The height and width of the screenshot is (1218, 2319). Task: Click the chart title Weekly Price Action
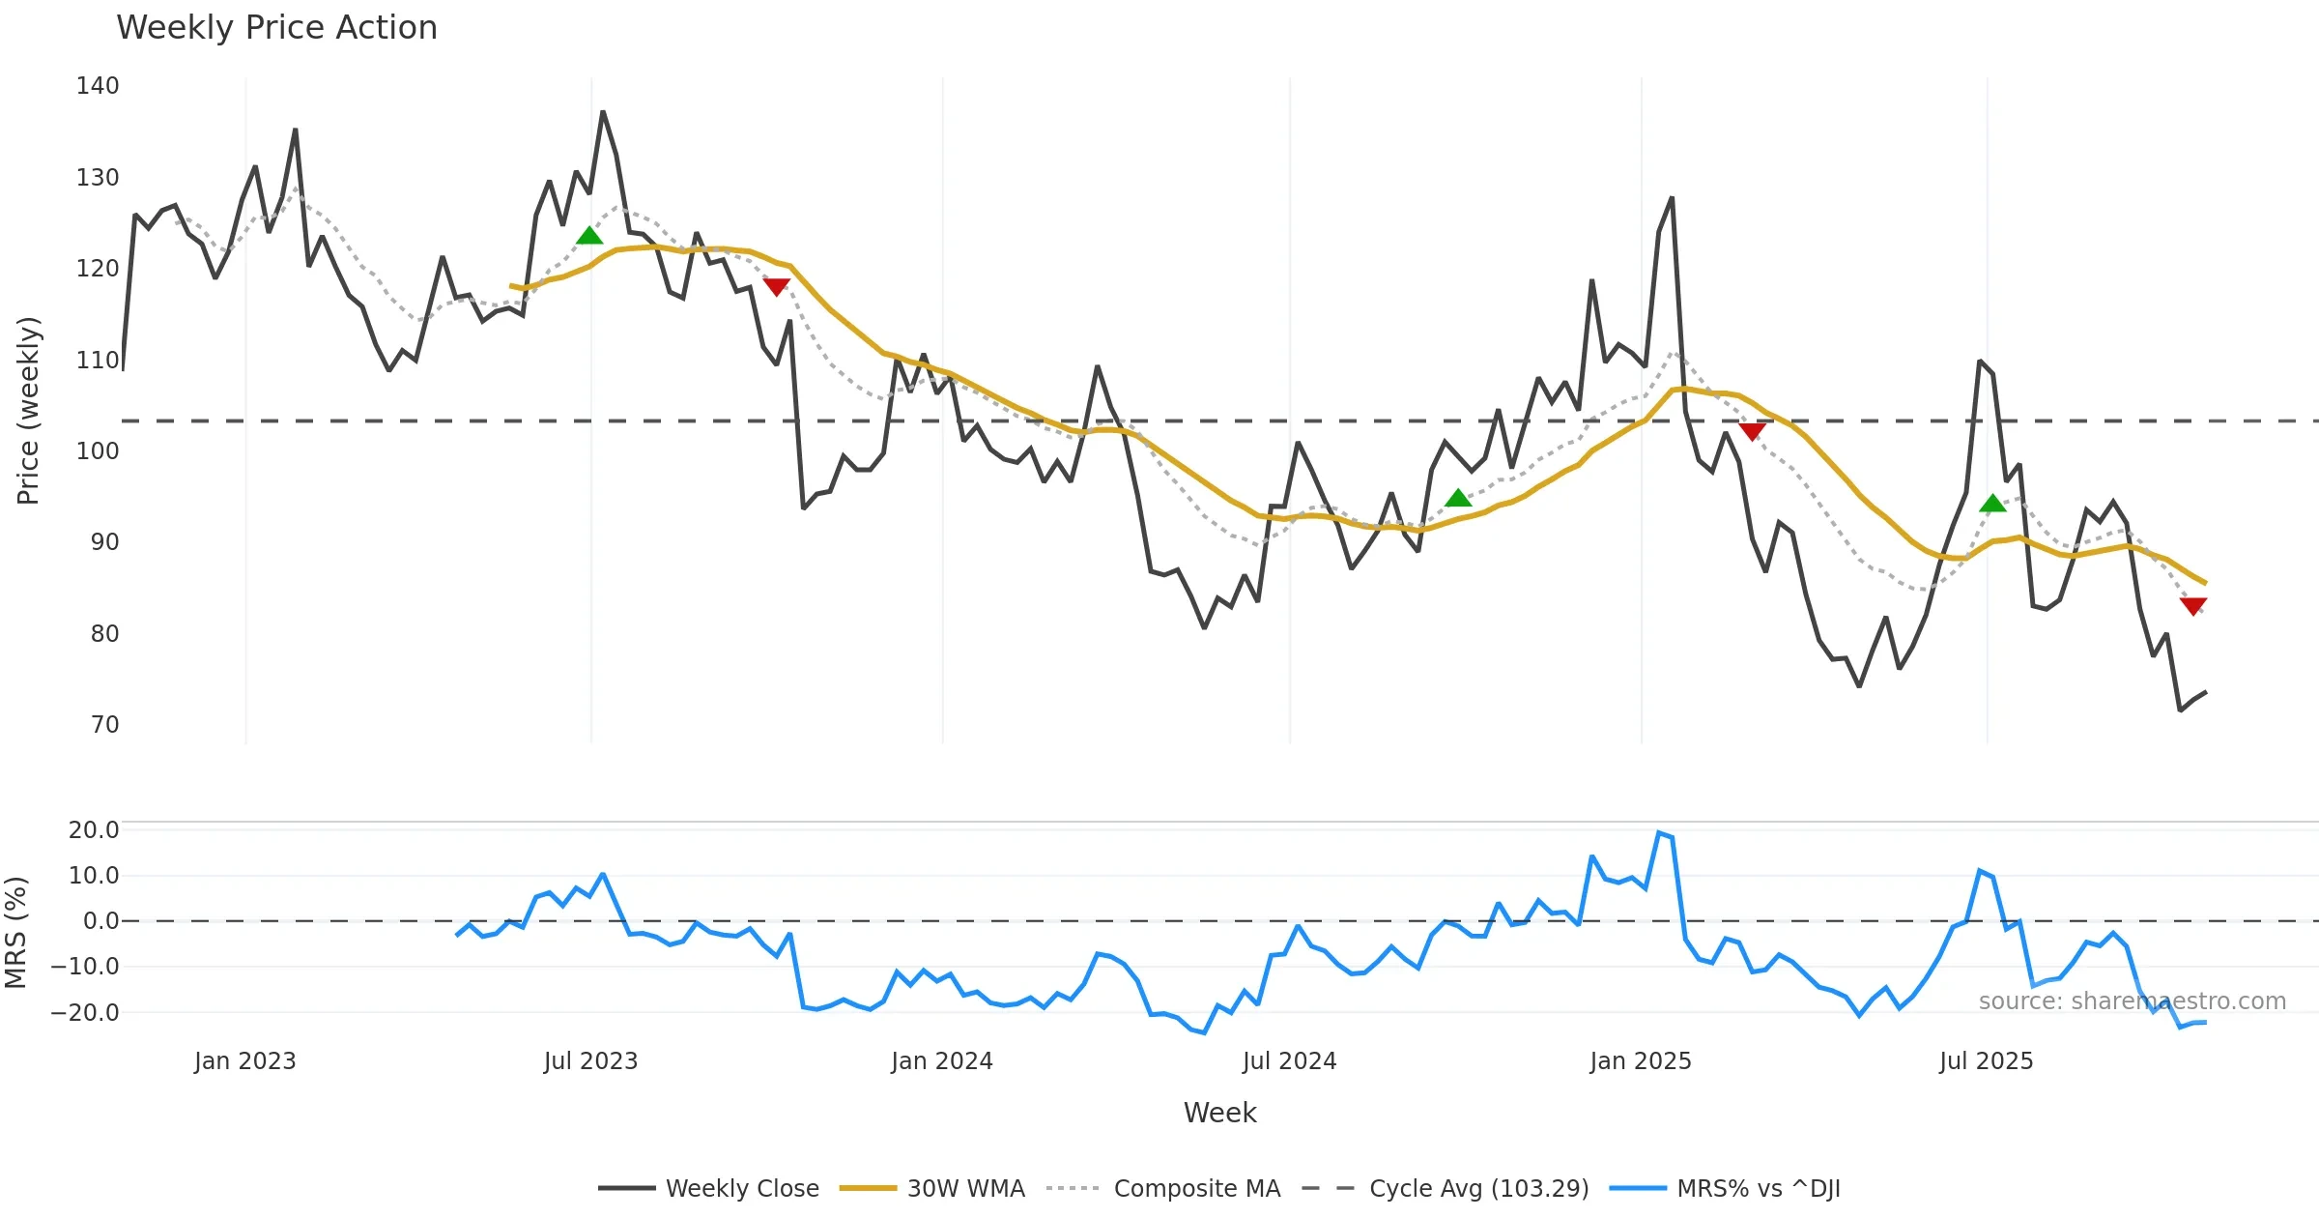coord(276,28)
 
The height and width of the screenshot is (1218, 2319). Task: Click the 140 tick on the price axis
coord(98,86)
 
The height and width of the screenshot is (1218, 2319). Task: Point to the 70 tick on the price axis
coord(104,725)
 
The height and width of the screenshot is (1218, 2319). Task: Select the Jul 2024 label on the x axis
coord(1289,1061)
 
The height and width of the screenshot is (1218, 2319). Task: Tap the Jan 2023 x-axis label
coord(244,1061)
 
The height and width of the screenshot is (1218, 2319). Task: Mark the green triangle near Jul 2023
coord(589,236)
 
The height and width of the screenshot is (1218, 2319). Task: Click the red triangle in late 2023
coord(777,287)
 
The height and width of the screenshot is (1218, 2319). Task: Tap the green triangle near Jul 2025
coord(1992,504)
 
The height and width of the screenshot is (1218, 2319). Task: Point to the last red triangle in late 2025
coord(2193,606)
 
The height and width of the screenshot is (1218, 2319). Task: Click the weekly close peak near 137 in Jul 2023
coord(603,112)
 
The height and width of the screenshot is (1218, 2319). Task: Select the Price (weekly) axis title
coord(28,411)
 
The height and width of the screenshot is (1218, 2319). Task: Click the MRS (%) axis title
coord(16,933)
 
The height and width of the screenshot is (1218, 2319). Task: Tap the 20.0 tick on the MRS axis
coord(94,830)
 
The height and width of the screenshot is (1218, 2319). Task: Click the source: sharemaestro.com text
coord(2132,1001)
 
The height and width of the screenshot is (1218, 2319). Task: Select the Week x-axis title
coord(1219,1114)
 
